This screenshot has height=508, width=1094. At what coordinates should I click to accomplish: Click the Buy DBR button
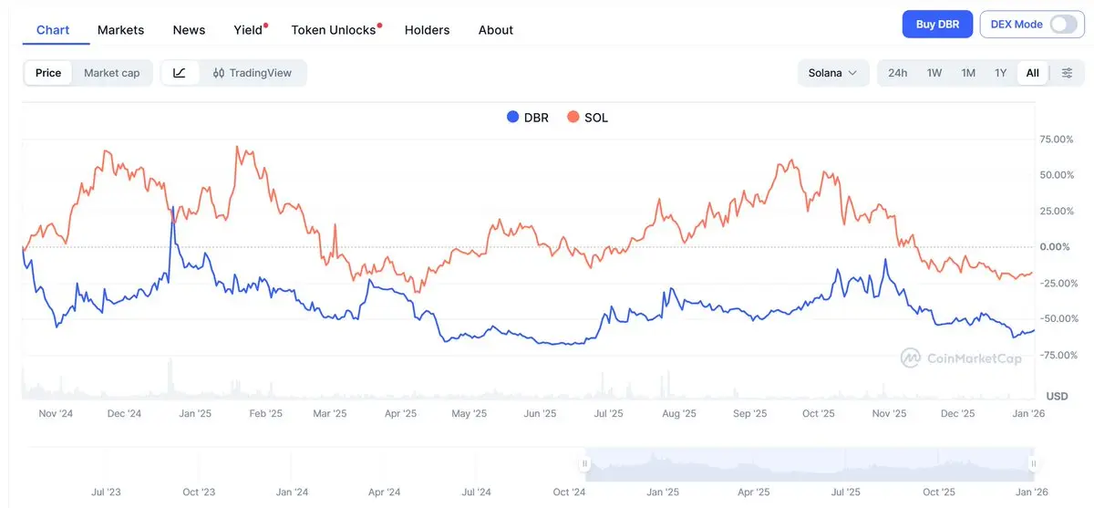937,25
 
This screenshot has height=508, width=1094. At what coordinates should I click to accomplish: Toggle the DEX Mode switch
1063,25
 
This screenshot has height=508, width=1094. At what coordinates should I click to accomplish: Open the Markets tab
120,30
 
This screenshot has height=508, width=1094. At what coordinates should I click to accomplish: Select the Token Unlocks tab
334,30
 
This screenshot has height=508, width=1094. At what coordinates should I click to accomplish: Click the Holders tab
427,30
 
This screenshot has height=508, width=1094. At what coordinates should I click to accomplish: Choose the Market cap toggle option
111,73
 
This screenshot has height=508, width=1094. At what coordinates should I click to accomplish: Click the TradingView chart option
252,73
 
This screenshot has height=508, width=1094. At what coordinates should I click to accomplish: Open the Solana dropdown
832,73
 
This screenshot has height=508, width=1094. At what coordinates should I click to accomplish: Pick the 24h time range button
897,73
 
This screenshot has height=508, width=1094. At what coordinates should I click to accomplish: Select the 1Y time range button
1000,73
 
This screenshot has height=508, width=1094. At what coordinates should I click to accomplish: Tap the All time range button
1032,73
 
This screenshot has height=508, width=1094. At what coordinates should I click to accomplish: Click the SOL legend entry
587,117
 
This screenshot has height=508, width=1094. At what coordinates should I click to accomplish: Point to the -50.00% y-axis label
1058,318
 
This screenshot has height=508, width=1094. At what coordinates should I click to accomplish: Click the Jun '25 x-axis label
540,413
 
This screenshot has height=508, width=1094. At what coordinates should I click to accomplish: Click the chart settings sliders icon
1067,73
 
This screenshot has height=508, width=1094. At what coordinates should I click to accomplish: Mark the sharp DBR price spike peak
172,208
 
